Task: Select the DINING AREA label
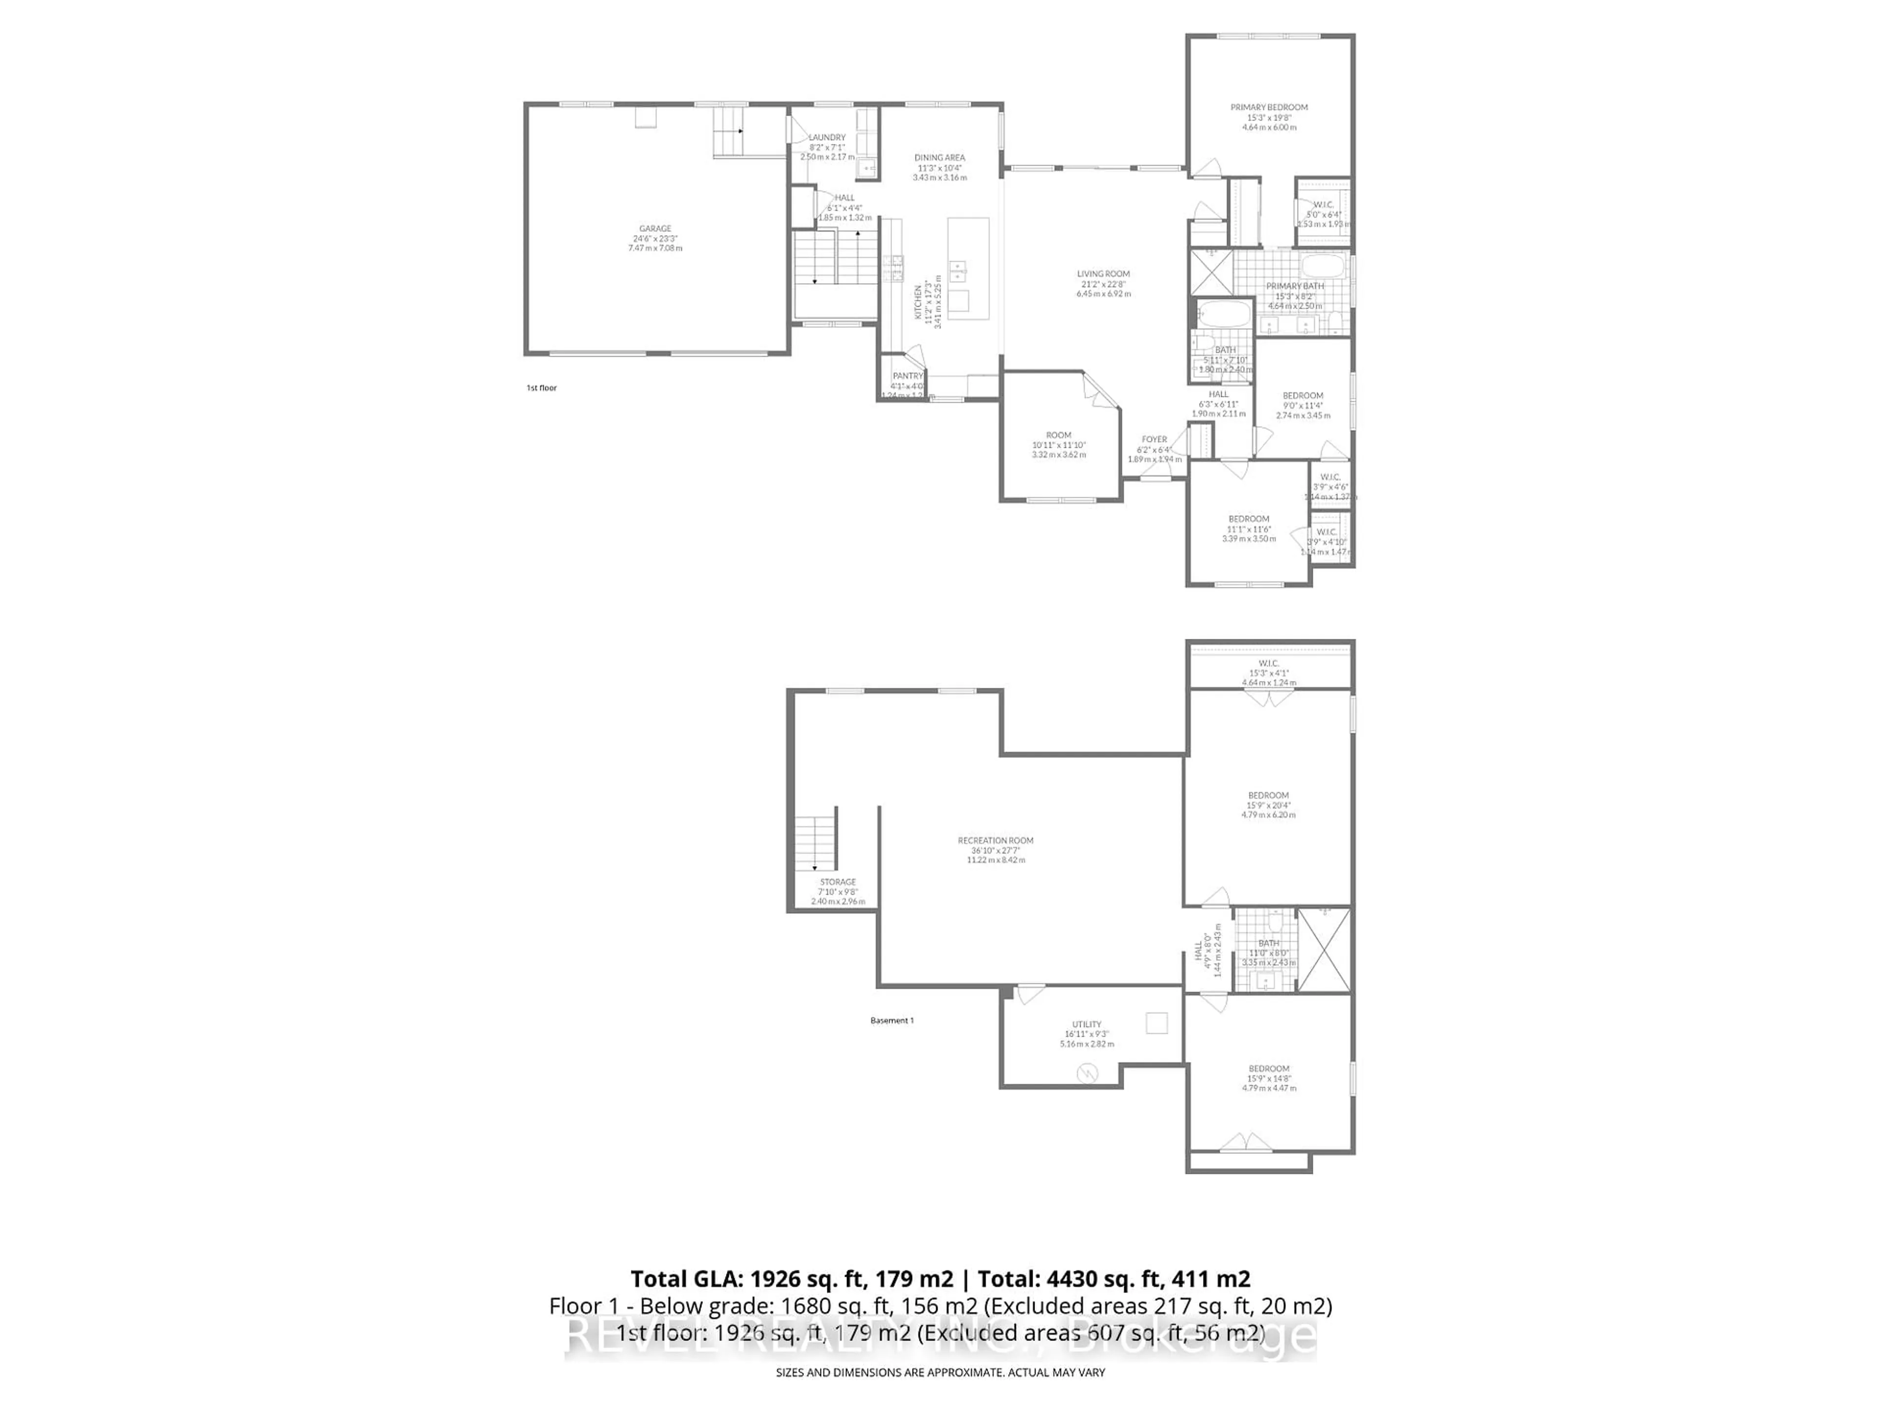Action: pos(940,157)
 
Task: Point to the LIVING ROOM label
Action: pos(1103,274)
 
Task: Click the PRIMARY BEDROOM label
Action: pos(1269,107)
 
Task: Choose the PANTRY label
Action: pos(907,376)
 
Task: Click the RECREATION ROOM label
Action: pos(996,840)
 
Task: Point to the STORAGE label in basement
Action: pos(838,882)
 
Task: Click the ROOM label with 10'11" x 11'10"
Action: pos(1058,435)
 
